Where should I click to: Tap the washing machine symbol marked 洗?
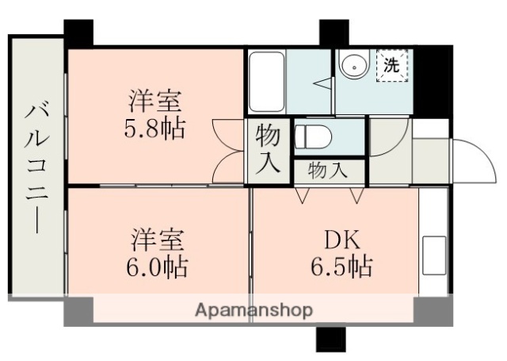point(391,67)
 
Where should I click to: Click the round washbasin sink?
point(352,67)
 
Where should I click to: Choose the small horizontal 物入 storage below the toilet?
point(326,169)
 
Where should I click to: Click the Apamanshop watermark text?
point(253,309)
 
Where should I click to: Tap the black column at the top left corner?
point(78,33)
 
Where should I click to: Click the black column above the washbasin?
point(330,33)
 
